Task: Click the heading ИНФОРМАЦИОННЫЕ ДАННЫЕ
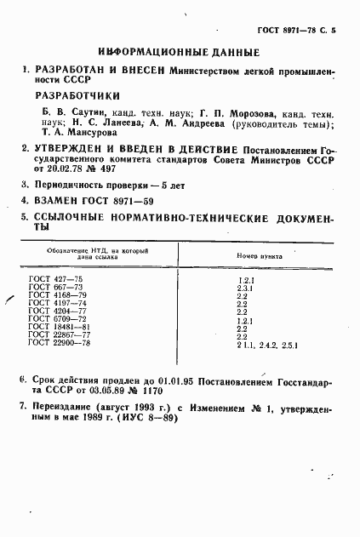click(180, 53)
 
